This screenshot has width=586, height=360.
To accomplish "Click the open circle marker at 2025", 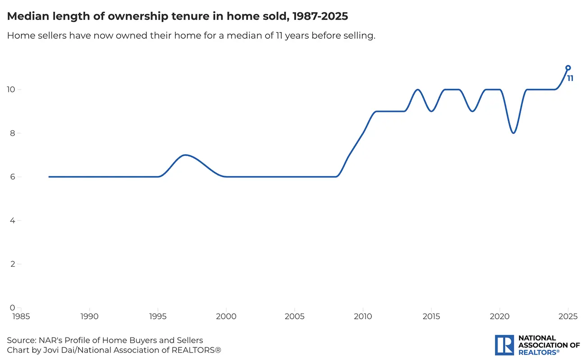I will click(x=568, y=68).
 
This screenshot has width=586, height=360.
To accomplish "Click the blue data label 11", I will click(x=570, y=78).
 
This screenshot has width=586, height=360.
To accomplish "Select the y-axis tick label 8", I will click(x=13, y=133).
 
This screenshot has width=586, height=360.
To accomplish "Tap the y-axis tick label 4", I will click(x=13, y=221).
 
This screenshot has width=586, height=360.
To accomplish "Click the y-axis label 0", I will click(x=13, y=308).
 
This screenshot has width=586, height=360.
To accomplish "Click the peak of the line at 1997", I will click(x=185, y=155).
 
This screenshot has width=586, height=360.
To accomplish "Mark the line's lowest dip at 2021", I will click(x=513, y=133).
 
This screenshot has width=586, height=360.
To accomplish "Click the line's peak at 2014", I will click(x=418, y=90).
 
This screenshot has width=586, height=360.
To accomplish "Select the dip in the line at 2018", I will click(x=472, y=111).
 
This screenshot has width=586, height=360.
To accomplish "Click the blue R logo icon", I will click(x=504, y=345).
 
